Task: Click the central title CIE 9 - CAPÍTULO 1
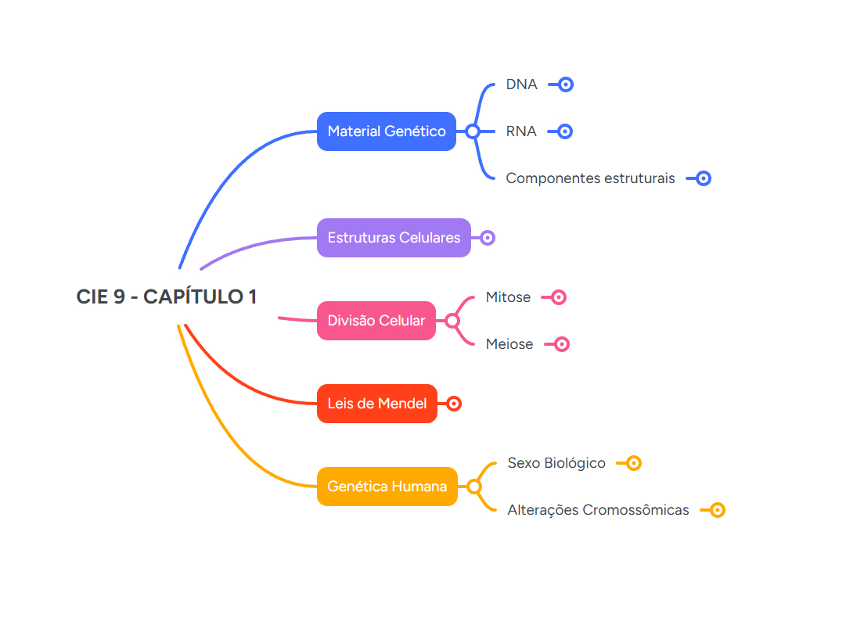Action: pos(167,297)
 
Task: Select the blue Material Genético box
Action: pos(387,131)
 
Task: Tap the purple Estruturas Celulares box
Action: pos(394,238)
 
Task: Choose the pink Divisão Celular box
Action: pos(376,321)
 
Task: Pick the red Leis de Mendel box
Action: pos(377,404)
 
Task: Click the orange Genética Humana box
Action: pos(387,487)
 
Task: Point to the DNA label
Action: pos(521,84)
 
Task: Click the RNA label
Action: pos(521,131)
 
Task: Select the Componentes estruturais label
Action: pos(590,178)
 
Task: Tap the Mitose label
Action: pos(508,297)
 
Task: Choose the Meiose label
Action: pos(509,344)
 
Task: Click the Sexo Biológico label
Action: pos(556,463)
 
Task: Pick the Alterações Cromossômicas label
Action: pos(598,510)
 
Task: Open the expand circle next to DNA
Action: pos(566,84)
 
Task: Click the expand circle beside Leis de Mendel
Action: pos(454,404)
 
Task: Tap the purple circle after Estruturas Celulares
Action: pos(488,238)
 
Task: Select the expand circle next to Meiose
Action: pos(561,344)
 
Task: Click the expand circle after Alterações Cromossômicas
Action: pos(717,510)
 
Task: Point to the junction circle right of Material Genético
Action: pos(473,131)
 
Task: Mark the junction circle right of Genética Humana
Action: pos(474,487)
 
